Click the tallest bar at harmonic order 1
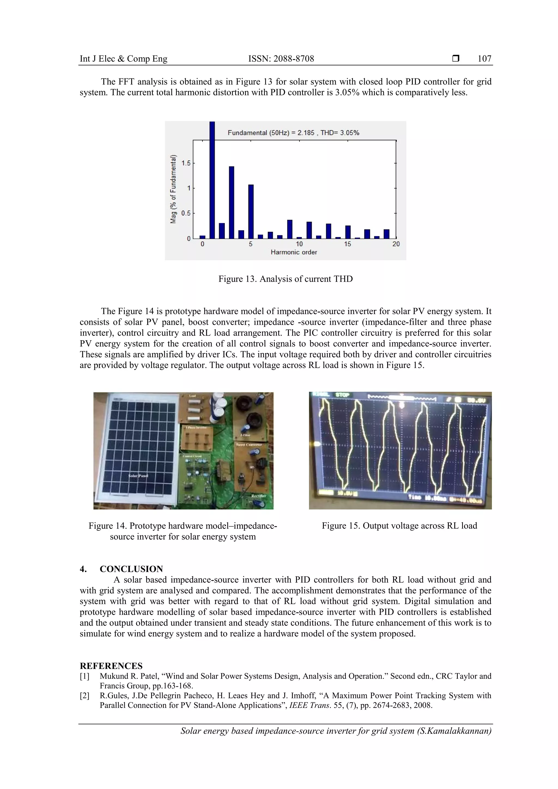[212, 180]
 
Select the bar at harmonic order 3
[232, 202]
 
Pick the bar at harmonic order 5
[251, 211]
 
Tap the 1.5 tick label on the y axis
[186, 163]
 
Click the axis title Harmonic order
[294, 252]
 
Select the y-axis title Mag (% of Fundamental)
[174, 189]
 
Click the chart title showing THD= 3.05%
[293, 133]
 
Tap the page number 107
[484, 59]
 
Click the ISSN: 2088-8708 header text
[281, 59]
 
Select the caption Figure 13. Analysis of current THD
[286, 279]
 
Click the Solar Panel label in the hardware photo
[138, 476]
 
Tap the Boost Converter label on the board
[249, 445]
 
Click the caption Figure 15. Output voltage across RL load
[399, 526]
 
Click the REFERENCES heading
[111, 666]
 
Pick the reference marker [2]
[84, 696]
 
